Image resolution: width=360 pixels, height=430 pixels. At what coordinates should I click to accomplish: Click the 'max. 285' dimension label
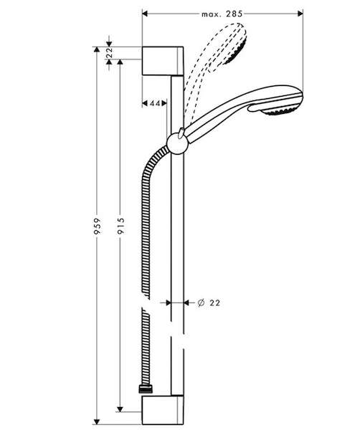[x=222, y=14]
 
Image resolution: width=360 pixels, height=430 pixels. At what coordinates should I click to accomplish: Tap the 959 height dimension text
[x=97, y=226]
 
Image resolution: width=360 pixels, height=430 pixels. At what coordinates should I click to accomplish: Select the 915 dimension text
[x=120, y=226]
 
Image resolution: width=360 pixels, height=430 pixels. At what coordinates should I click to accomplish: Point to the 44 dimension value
[x=155, y=103]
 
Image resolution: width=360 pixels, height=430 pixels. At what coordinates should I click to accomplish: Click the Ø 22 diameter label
[x=209, y=302]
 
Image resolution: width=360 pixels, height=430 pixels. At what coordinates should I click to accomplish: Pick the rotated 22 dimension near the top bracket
[x=109, y=52]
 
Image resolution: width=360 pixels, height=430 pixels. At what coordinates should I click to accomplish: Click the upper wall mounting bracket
[x=163, y=61]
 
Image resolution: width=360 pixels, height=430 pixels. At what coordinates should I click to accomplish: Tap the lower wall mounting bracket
[x=163, y=410]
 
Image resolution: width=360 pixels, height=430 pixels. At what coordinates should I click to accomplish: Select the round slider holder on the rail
[x=178, y=144]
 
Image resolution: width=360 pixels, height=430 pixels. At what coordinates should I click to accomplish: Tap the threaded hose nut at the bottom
[x=146, y=389]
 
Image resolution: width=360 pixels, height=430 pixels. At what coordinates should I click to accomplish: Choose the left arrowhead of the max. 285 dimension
[x=145, y=14]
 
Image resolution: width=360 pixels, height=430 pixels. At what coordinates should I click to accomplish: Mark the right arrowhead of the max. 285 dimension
[x=300, y=14]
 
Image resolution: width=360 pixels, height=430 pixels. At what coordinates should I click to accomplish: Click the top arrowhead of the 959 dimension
[x=97, y=49]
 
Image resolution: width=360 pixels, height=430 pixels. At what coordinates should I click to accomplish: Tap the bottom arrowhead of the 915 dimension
[x=120, y=409]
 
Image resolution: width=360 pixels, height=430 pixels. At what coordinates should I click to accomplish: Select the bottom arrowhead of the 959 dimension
[x=97, y=422]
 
